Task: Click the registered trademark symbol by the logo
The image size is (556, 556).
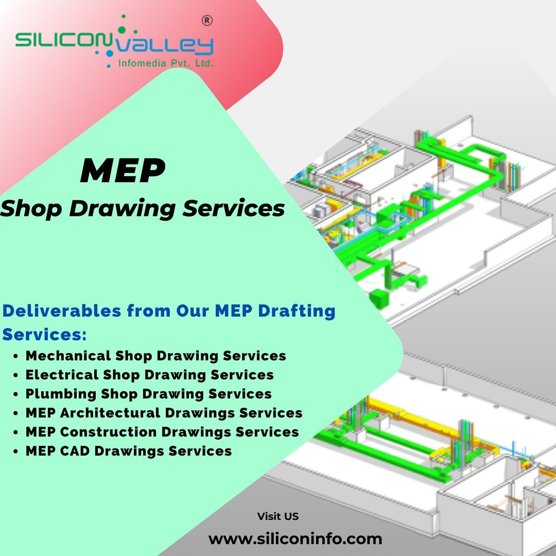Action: pos(206,21)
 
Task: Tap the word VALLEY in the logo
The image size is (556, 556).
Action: pos(164,46)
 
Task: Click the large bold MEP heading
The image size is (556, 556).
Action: pos(123,171)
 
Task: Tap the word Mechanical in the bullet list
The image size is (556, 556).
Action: pos(68,356)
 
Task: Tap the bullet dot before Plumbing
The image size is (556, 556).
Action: pos(17,394)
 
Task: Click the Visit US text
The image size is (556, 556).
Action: pos(277,516)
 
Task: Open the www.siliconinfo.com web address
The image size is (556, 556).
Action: pos(296,539)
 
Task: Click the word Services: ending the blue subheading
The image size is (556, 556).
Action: pos(44,335)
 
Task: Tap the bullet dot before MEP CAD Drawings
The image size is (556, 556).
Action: pos(17,451)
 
